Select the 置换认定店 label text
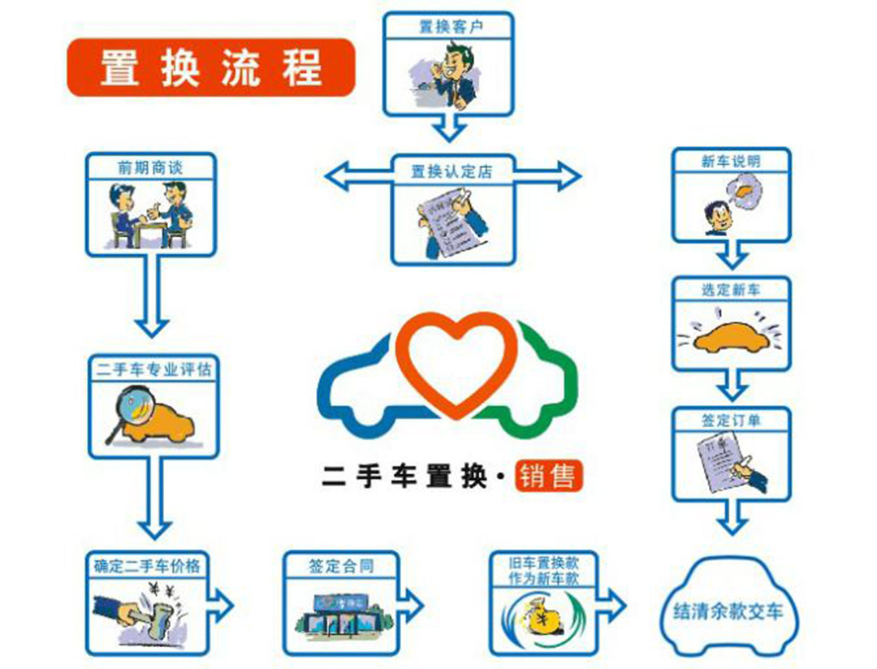[451, 171]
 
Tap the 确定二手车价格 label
[147, 565]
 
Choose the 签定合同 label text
[341, 565]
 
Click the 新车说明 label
[731, 161]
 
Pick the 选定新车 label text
[731, 289]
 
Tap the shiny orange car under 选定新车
[730, 336]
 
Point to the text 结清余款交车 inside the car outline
[728, 611]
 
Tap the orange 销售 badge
[549, 476]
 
